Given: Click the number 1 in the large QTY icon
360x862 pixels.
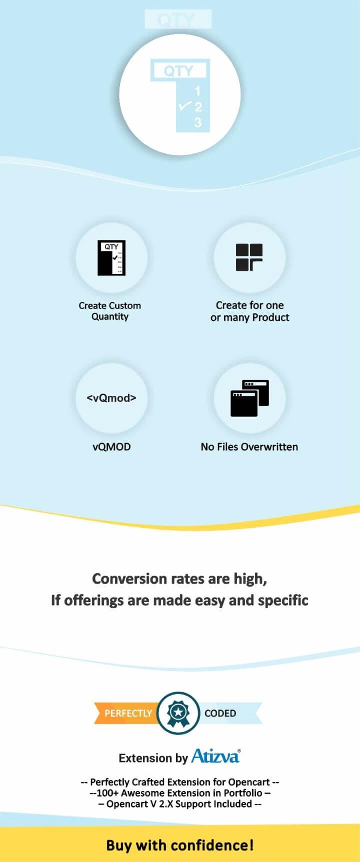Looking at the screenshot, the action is (x=197, y=91).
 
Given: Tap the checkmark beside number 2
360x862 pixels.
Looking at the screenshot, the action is (x=184, y=105).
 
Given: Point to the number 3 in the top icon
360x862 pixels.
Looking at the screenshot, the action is (x=198, y=122).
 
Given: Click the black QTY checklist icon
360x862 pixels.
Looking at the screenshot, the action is (x=111, y=258).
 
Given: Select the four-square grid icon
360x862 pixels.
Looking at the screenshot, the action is (x=249, y=257).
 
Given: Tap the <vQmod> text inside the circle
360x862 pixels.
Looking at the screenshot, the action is (x=111, y=398).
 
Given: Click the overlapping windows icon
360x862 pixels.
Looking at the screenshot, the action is (x=249, y=398).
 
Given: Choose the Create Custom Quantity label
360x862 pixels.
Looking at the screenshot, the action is (x=110, y=311).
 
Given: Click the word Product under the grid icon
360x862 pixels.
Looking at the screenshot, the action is (x=271, y=317).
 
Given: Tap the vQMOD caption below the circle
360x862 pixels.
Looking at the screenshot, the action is (x=111, y=447).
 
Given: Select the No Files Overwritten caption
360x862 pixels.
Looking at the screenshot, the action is (x=249, y=447).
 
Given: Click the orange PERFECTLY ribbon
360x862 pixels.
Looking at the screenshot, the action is (x=125, y=713).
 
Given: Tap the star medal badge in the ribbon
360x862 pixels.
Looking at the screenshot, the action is (x=178, y=713).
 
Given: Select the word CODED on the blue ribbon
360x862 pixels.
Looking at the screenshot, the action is (x=220, y=713).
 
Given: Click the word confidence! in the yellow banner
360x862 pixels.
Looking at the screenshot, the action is (x=212, y=845).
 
